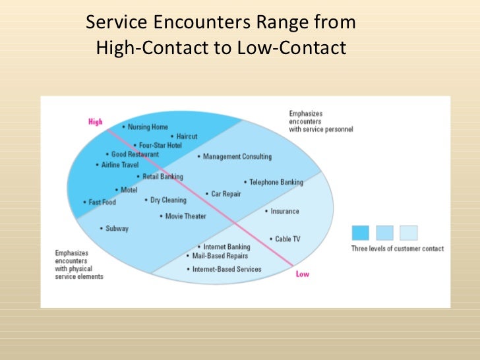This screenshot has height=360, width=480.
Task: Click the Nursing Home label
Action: tap(148, 127)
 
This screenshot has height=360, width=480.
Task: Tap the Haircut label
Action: tap(187, 136)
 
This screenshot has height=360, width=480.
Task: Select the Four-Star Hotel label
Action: tap(160, 145)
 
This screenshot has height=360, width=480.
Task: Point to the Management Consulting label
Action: tap(237, 157)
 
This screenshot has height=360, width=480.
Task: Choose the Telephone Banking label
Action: tap(276, 182)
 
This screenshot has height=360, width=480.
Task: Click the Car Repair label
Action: tap(225, 194)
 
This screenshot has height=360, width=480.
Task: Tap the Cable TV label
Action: tap(287, 239)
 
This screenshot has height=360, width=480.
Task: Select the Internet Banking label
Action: tap(226, 247)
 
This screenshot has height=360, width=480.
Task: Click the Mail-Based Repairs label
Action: tap(221, 255)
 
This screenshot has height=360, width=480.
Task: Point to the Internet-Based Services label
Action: tap(226, 269)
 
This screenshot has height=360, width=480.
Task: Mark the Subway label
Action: tap(117, 228)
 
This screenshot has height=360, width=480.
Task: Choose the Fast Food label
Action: tap(102, 202)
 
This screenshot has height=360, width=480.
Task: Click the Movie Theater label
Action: tap(185, 216)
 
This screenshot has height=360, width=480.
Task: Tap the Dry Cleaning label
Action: tap(168, 200)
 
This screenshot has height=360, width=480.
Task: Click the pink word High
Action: tap(96, 121)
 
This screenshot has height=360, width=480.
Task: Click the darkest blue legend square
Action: tap(360, 233)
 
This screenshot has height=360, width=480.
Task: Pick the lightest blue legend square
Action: tap(409, 233)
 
